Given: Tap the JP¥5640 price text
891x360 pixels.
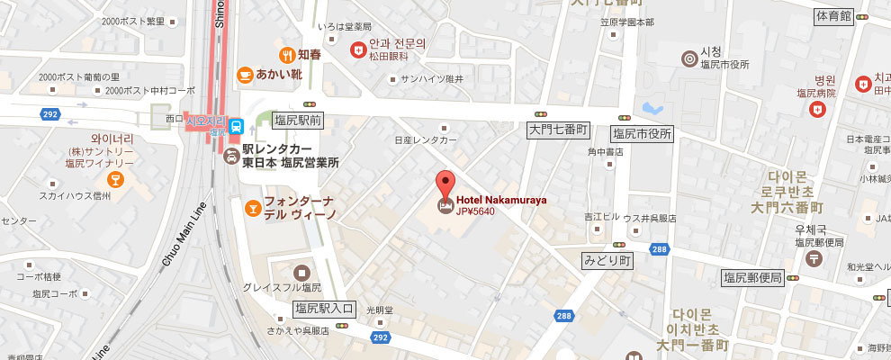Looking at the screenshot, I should [476, 211].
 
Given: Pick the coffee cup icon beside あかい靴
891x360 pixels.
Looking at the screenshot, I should [244, 75].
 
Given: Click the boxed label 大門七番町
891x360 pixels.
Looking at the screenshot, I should [557, 131].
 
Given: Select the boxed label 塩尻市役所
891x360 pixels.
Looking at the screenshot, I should [642, 133].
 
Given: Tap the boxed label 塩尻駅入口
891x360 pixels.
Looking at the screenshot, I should [326, 309].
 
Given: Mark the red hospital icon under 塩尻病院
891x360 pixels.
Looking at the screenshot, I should [817, 109].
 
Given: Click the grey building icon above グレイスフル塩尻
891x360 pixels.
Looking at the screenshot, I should [301, 271].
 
